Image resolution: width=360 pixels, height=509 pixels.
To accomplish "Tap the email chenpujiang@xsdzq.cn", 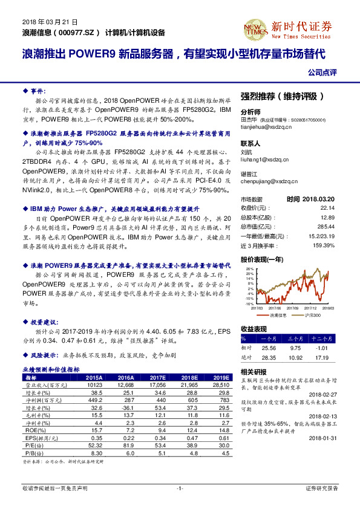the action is (267, 181).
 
